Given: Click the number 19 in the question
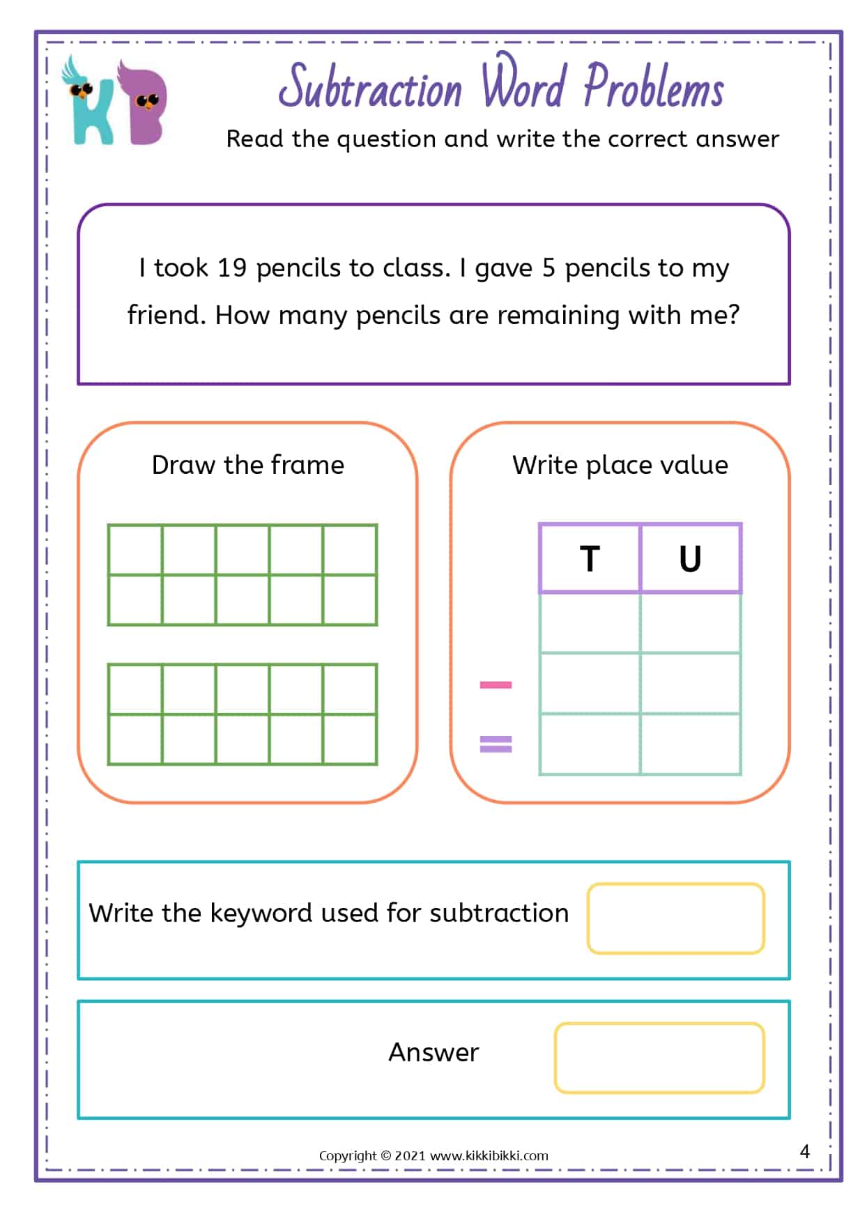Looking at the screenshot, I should (x=232, y=268).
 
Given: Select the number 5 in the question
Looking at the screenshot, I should (x=548, y=268).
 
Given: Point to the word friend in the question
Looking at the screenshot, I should (x=165, y=316).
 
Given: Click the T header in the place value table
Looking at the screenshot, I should (x=590, y=559).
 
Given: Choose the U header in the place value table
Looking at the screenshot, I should (x=690, y=559).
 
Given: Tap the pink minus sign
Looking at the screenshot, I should (x=496, y=685).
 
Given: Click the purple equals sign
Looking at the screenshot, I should (x=496, y=744).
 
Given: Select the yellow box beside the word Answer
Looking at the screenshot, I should (x=659, y=1057).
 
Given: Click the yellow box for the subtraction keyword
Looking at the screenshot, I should (x=675, y=918).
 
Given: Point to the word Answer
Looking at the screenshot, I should (x=433, y=1052).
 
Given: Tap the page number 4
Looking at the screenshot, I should (x=805, y=1151).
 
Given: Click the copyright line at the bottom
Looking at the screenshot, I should (x=433, y=1155).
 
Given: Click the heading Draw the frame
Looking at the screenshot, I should (x=248, y=465).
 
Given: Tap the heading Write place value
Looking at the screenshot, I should (x=620, y=465).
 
